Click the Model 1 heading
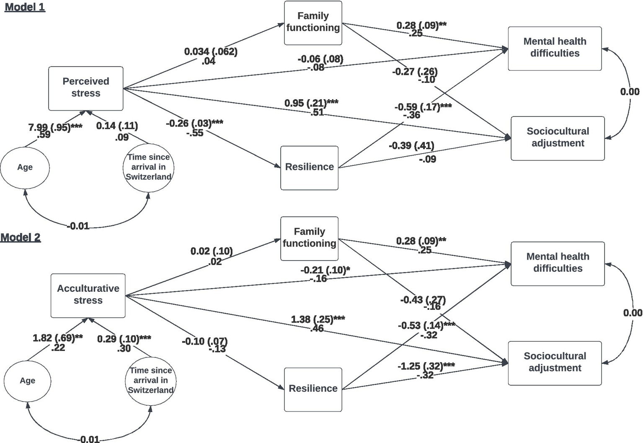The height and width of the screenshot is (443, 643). coord(25,7)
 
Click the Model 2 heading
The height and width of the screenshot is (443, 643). coord(21,237)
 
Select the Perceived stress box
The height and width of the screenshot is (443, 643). coord(86,88)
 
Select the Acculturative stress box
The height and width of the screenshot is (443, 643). coord(88,295)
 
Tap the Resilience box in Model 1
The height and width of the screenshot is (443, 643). coord(309,167)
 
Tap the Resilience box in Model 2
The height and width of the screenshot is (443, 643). coord(313,389)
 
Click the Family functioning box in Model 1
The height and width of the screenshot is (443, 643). coord(313,23)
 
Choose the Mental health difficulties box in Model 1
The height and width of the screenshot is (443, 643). coord(555,48)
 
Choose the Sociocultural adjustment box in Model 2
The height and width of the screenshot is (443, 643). coord(555,363)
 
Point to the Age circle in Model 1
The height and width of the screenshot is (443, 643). coord(25,167)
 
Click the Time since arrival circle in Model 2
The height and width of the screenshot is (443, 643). coord(150,380)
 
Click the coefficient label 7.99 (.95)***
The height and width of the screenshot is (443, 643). coord(55,127)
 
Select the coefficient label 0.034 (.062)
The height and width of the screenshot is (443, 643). coord(211,52)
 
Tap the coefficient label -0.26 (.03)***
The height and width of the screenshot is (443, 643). coord(194,123)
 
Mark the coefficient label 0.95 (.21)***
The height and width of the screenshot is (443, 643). coord(311,103)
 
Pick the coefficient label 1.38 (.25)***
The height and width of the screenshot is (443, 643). coord(318,319)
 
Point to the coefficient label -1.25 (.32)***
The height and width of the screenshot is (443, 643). coord(426,366)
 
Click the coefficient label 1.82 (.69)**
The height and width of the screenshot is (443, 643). coord(58,338)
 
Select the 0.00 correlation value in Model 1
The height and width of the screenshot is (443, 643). coord(630,92)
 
